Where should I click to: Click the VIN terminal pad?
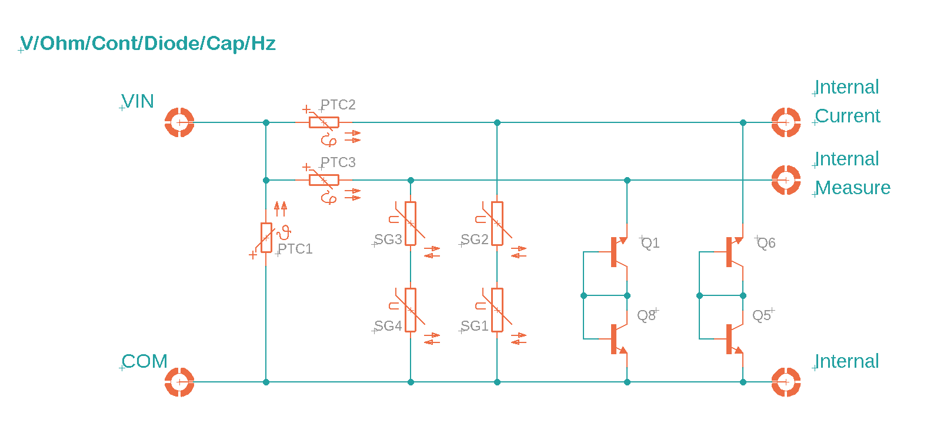179,122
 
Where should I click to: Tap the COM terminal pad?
179,382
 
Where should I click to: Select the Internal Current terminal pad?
785,122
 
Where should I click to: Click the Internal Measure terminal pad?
785,180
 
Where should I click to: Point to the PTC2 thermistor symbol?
324,122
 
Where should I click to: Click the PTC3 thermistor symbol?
324,180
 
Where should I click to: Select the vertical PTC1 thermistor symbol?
266,238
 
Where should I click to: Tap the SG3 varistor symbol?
411,224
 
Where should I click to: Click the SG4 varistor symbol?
411,310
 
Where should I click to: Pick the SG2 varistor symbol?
497,224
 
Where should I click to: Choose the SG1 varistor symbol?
497,310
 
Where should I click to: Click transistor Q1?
618,252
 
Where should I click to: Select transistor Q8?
618,339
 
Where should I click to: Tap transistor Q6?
733,252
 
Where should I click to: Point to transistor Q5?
733,339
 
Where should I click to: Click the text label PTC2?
338,105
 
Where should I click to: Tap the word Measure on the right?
853,188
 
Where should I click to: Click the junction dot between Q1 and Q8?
627,295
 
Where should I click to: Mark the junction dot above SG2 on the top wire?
497,122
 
